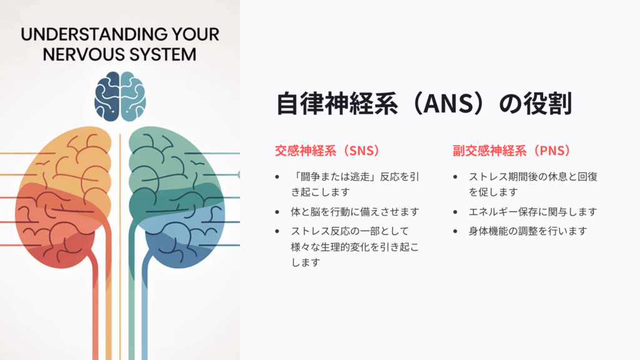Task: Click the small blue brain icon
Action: coord(120,96)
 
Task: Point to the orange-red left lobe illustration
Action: coord(63,196)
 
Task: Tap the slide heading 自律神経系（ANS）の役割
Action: coord(424,104)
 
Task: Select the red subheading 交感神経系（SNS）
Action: coord(327,151)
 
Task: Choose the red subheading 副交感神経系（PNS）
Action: coord(512,151)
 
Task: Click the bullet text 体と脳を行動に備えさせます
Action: coord(355,212)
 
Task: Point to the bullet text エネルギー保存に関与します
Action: coord(532,212)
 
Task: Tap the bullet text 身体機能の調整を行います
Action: coord(527,231)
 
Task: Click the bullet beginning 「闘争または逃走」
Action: coord(355,184)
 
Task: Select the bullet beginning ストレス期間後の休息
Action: coord(532,184)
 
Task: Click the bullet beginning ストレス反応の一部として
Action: coord(355,246)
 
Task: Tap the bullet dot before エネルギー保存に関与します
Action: coord(455,212)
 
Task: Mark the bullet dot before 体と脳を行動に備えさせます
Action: coord(277,212)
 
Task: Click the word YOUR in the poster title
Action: coord(195,34)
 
